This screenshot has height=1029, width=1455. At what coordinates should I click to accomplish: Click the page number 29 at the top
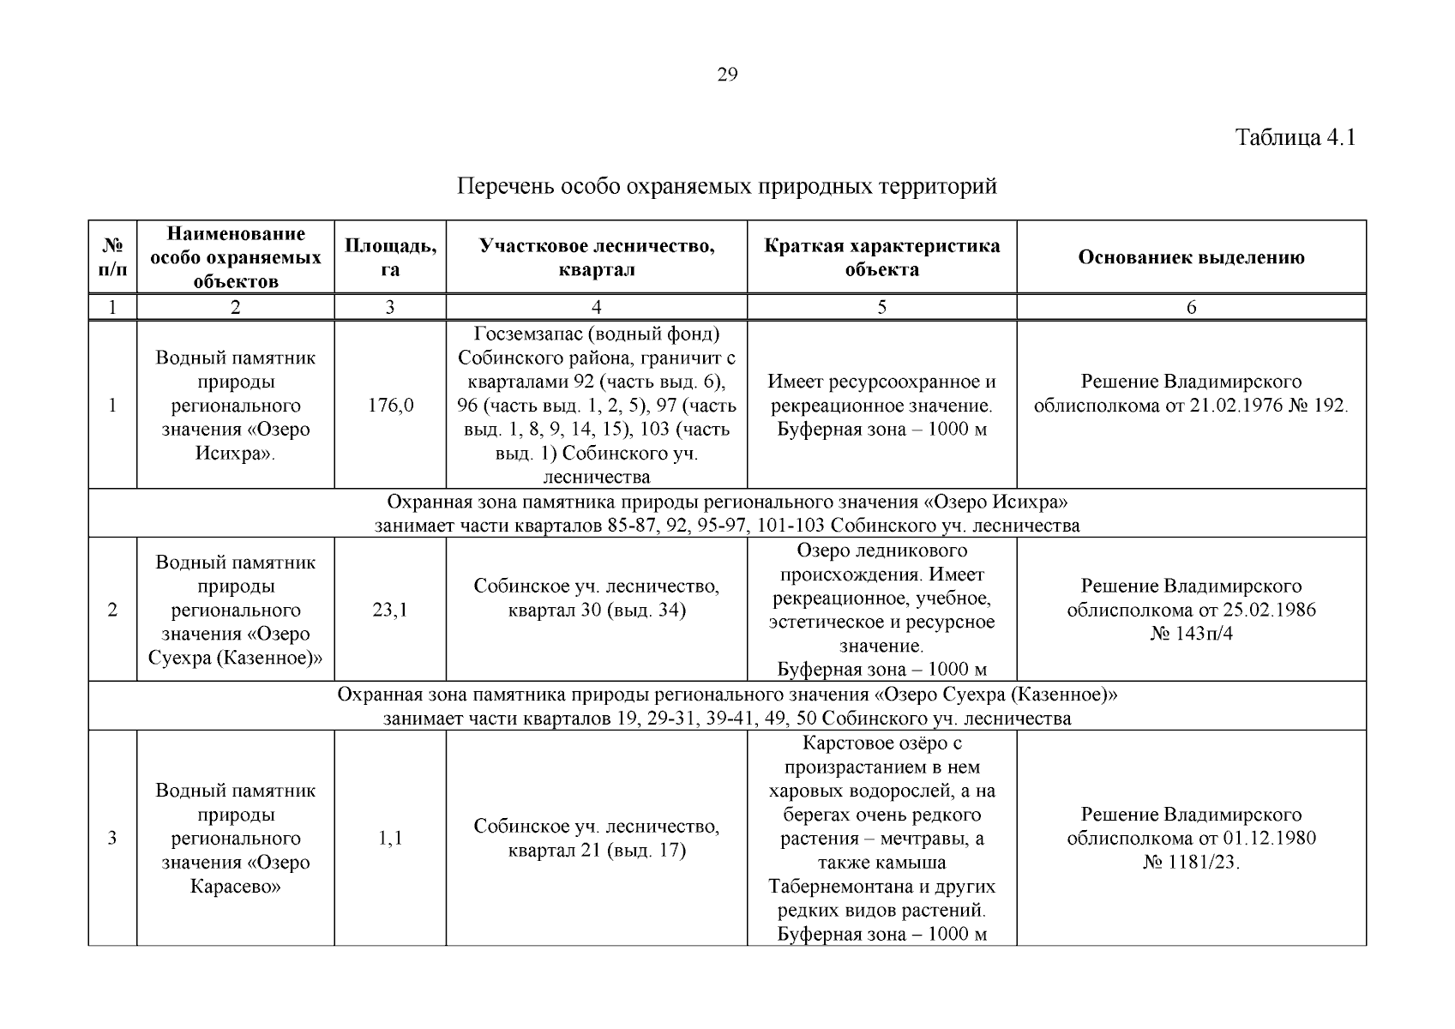[x=726, y=75]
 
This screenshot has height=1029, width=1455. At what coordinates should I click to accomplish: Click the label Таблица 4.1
[x=1295, y=137]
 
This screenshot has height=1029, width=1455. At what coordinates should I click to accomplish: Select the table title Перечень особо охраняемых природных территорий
[x=727, y=186]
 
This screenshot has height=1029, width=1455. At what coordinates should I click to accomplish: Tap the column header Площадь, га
[x=390, y=257]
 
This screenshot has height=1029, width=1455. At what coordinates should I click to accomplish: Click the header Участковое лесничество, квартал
[x=596, y=257]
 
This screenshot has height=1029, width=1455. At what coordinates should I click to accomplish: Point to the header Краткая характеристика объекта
[x=881, y=257]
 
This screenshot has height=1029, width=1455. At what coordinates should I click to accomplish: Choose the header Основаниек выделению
[x=1191, y=257]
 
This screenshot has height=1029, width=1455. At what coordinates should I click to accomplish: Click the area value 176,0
[x=390, y=405]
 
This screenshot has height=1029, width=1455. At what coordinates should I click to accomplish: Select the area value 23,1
[x=390, y=610]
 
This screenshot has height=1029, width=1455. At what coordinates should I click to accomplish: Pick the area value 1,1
[x=390, y=839]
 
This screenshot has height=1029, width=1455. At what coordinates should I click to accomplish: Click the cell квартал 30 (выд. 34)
[x=596, y=611]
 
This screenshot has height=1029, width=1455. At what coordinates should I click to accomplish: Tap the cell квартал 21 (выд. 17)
[x=596, y=851]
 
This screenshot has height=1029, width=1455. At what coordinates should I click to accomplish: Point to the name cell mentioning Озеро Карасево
[x=235, y=839]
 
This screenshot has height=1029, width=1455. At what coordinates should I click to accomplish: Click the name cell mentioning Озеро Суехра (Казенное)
[x=235, y=610]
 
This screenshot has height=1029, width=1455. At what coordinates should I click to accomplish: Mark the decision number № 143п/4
[x=1191, y=634]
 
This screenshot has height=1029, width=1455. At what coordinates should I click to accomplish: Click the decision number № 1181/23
[x=1191, y=862]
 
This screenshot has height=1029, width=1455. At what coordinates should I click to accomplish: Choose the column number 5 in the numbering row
[x=881, y=308]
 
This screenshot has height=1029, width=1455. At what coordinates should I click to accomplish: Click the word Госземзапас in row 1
[x=523, y=334]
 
